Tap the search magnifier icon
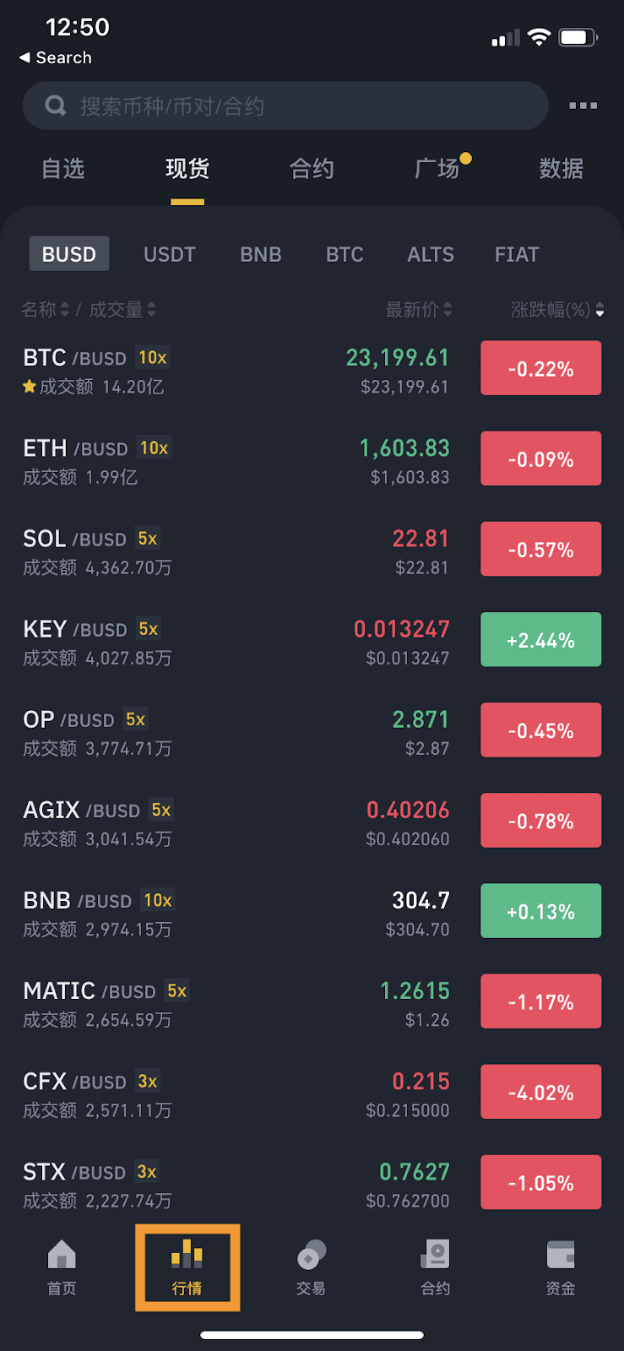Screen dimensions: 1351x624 point(56,106)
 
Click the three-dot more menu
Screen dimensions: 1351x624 point(583,106)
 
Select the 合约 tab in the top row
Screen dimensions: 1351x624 point(312,169)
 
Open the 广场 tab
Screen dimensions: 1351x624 point(437,169)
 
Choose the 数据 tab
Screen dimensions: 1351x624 point(562,169)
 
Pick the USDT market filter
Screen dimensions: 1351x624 point(170,254)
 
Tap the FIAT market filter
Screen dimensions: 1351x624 point(517,254)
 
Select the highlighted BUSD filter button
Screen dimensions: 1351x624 point(69,254)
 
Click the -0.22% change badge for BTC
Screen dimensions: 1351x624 point(540,368)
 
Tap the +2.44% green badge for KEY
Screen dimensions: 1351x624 point(540,640)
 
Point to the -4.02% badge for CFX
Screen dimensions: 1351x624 point(540,1093)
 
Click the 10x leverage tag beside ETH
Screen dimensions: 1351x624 point(154,448)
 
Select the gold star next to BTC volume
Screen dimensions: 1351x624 point(30,387)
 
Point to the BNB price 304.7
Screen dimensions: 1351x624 point(421,900)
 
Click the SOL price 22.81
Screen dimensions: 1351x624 point(421,539)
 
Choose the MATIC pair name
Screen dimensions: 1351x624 point(59,990)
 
